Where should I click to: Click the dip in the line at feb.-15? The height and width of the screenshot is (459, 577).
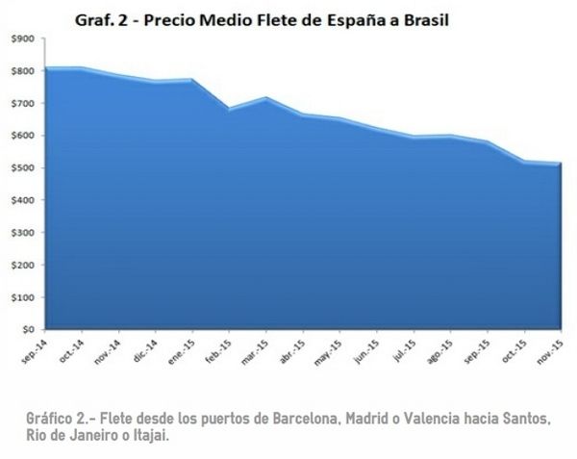point(229,109)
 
